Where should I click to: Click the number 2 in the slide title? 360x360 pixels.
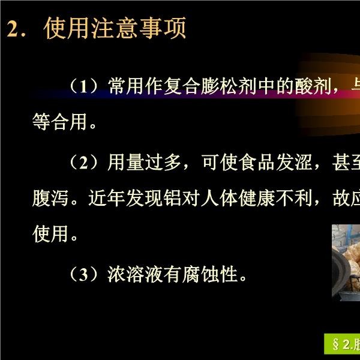coord(13,29)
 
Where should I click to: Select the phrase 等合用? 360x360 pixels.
coord(59,122)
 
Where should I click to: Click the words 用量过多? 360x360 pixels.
coord(144,163)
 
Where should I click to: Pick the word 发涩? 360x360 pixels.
coord(295,163)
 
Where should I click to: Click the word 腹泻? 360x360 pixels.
coord(50,198)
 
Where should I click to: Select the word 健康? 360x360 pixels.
coord(257,198)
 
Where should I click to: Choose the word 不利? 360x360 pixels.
coord(295,198)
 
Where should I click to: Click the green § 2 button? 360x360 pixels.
coord(342,344)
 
